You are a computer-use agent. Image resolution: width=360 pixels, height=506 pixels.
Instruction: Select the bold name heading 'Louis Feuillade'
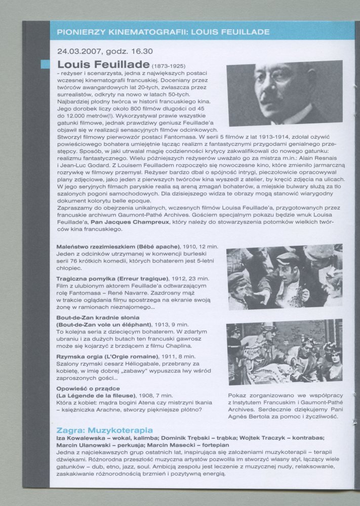[103, 65]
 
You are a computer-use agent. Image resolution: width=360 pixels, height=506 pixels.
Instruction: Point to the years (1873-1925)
[168, 66]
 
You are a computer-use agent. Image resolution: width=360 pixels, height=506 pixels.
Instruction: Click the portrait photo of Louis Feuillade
[285, 93]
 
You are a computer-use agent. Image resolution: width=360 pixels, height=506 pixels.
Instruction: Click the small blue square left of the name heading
[45, 64]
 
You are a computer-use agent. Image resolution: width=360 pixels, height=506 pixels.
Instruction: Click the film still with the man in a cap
[284, 276]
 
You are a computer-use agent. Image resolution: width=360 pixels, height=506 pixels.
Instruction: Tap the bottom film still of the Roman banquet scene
[284, 353]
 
